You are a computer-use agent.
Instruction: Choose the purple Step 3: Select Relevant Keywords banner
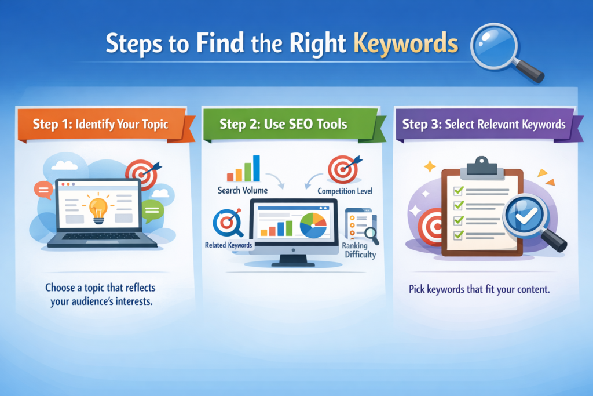[484, 123]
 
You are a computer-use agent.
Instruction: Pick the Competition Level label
[345, 191]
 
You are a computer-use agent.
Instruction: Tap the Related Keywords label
[229, 245]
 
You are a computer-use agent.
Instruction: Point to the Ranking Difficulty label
[360, 250]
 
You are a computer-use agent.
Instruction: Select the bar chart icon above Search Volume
[243, 169]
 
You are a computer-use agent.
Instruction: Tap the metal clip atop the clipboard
[478, 165]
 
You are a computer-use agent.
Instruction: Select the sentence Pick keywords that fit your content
[479, 289]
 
